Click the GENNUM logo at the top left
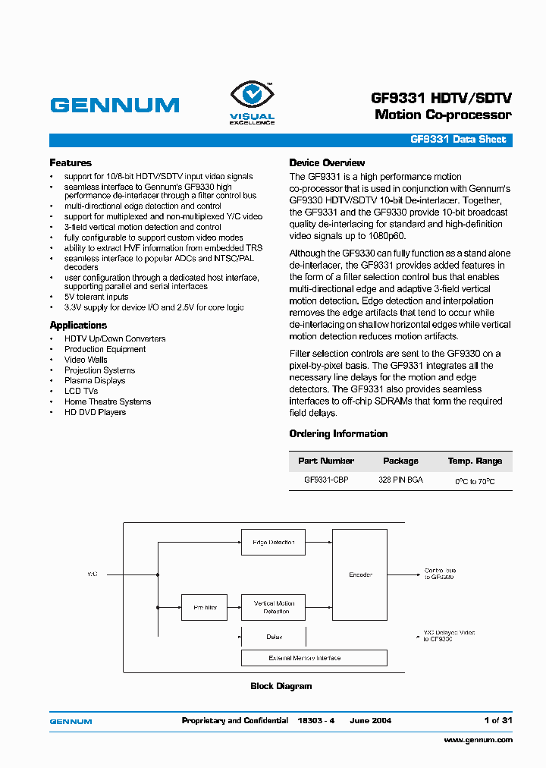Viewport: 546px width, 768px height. tap(115, 105)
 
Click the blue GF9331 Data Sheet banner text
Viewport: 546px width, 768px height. tap(457, 140)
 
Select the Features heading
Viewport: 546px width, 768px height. tap(71, 163)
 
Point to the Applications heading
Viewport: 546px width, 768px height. tap(78, 326)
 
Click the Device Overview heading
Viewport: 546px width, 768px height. tap(327, 163)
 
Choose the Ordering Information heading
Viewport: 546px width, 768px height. tap(338, 434)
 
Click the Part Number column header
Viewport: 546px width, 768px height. tap(326, 461)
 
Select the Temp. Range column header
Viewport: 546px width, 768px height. tap(475, 461)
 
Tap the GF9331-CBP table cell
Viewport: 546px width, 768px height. tap(326, 480)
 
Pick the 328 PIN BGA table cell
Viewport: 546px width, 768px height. tap(400, 480)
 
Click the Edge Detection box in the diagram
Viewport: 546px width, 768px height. tap(273, 543)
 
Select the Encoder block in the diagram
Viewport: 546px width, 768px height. tap(360, 574)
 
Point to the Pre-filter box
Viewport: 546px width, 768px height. tap(205, 607)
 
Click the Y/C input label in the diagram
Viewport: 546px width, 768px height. tap(92, 574)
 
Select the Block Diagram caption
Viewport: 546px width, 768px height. tap(281, 686)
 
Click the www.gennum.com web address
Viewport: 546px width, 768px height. tap(478, 740)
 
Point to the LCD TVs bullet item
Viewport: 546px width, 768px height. tap(81, 392)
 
